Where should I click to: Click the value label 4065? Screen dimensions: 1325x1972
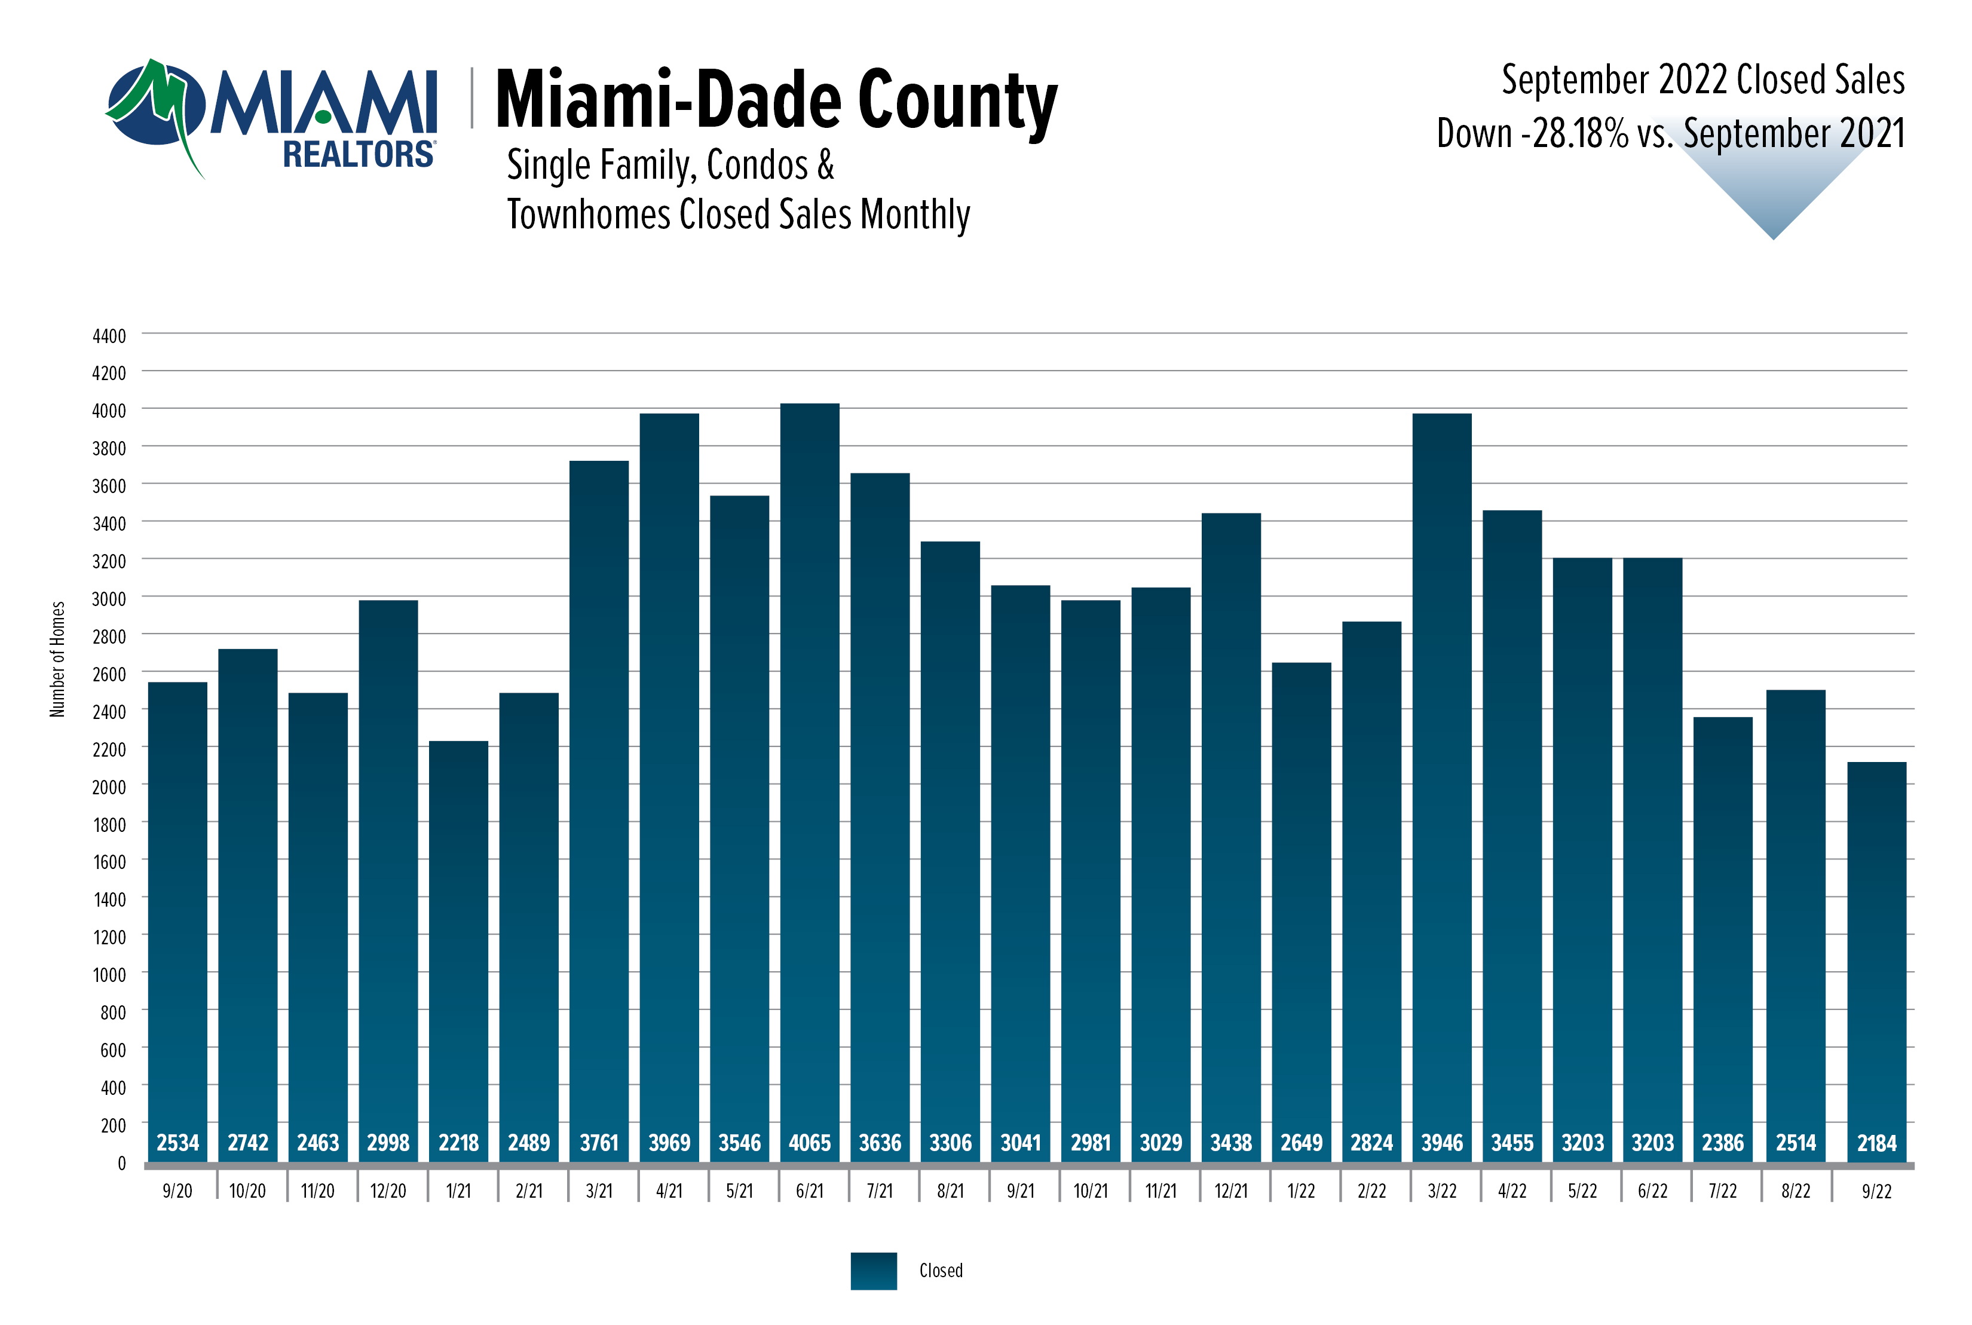pos(809,1143)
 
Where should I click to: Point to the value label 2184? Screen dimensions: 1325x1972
pos(1876,1143)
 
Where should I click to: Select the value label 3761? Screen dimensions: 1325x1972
pos(599,1143)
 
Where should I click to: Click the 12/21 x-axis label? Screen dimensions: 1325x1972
pos(1230,1191)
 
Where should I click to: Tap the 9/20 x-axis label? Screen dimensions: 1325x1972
pos(177,1191)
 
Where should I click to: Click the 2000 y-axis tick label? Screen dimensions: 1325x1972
pos(109,787)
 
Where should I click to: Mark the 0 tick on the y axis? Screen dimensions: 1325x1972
pos(122,1164)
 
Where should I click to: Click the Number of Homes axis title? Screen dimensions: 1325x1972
pos(57,659)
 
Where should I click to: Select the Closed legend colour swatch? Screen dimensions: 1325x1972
pos(873,1270)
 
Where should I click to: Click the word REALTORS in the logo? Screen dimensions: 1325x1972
pos(358,155)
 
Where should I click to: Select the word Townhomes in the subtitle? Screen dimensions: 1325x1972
pos(589,215)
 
